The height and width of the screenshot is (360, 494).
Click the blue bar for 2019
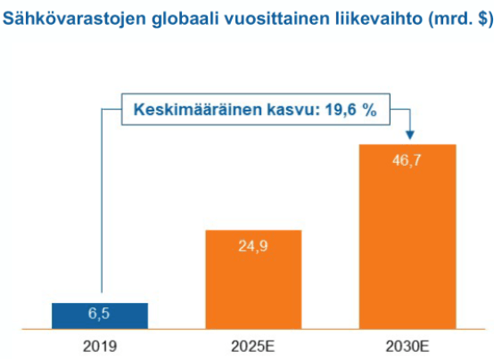pos(100,316)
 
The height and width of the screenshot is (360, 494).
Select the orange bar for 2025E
pos(253,280)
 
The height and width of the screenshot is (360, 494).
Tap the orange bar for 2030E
pos(408,237)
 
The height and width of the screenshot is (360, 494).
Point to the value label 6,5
pos(99,314)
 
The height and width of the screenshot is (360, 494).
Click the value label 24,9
pos(253,246)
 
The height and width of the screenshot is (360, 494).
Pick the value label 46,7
pos(407,160)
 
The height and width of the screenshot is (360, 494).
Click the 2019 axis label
pos(100,347)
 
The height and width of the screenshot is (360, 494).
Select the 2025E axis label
pos(253,347)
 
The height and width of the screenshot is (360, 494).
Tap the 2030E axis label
pos(408,347)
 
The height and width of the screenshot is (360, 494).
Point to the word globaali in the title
pos(185,19)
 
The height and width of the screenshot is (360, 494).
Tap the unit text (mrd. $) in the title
pos(461,19)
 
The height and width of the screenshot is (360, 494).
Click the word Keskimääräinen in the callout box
pos(198,110)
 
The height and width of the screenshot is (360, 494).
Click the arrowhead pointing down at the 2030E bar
pos(410,135)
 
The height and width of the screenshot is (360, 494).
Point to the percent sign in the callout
pos(369,110)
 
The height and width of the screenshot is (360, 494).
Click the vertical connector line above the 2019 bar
pos(102,200)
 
